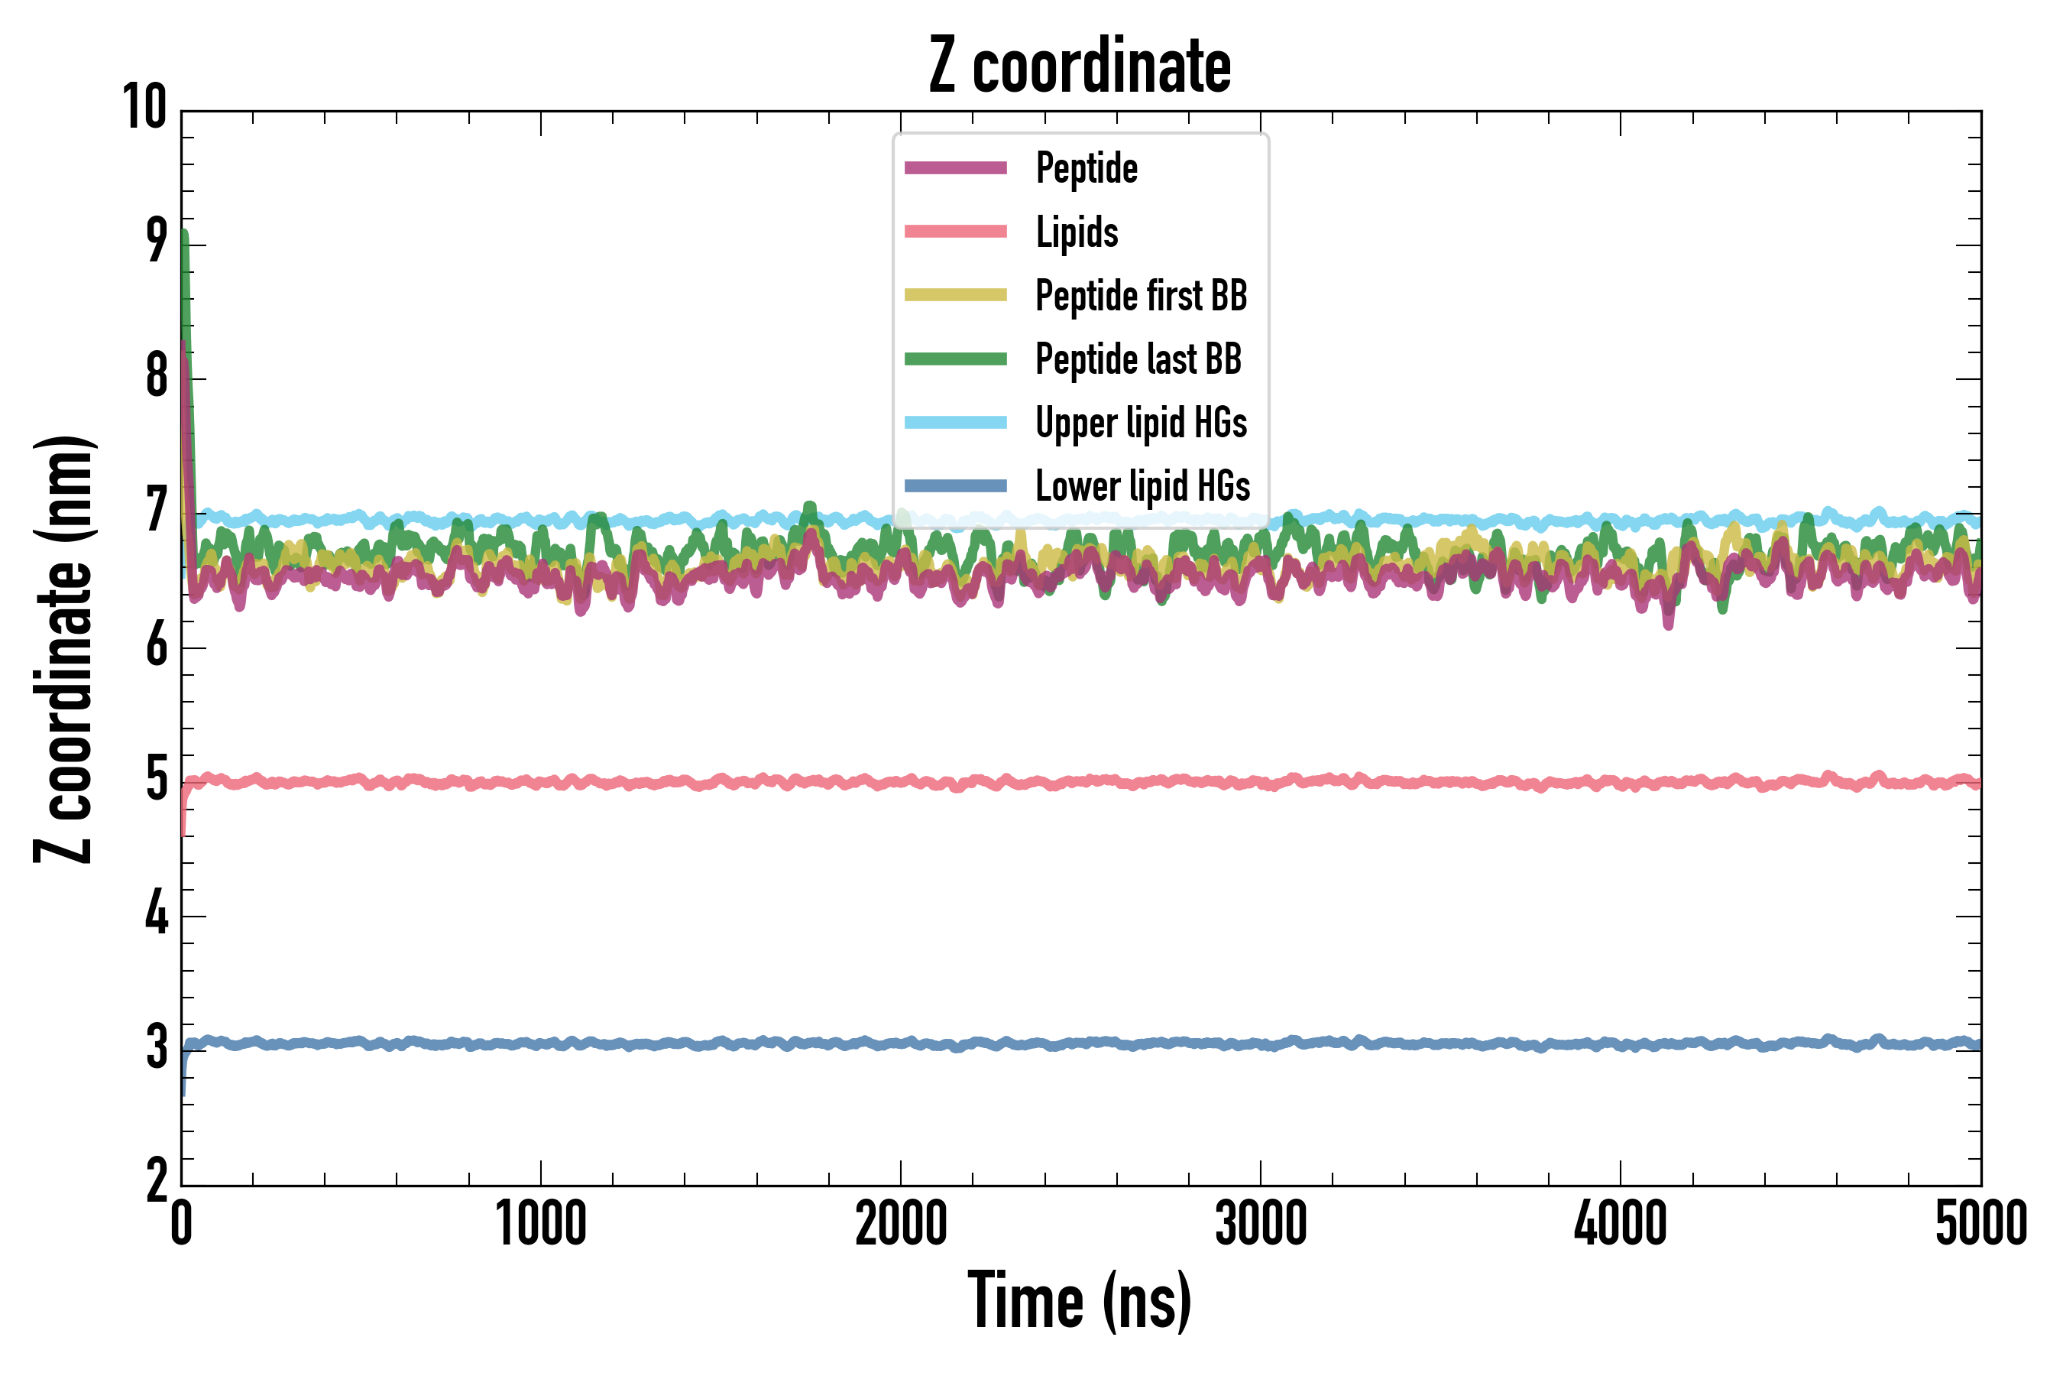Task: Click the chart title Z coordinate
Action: click(x=1080, y=66)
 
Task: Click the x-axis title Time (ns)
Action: click(x=1080, y=1300)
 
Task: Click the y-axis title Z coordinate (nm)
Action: click(x=63, y=648)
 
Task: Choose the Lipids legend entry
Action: click(x=1077, y=232)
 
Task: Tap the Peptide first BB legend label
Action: click(x=1140, y=295)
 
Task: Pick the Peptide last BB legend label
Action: click(x=1138, y=359)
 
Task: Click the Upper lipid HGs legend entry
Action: click(x=1140, y=422)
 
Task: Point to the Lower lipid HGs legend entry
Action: click(x=1142, y=486)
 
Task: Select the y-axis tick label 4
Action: click(x=156, y=914)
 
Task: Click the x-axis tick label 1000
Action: click(x=540, y=1224)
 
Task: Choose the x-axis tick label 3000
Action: click(x=1261, y=1224)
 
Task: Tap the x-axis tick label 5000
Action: click(x=1980, y=1224)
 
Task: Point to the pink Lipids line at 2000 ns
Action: click(x=901, y=781)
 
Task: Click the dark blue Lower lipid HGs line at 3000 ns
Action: click(x=1261, y=1044)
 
